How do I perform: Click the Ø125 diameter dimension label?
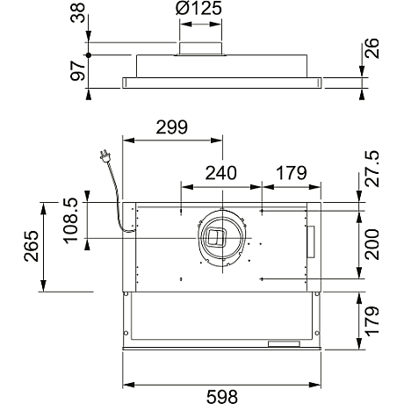coord(198,8)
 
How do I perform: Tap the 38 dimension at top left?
coord(78,13)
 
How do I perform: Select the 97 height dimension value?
coord(78,71)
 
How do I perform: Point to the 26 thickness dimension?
coord(372,48)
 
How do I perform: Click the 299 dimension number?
coord(171,127)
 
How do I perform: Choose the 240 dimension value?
coord(220,173)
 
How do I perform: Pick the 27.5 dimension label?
coord(372,169)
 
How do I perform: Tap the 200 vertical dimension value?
coord(372,244)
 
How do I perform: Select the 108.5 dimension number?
coord(71,220)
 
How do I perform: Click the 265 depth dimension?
coord(32,246)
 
